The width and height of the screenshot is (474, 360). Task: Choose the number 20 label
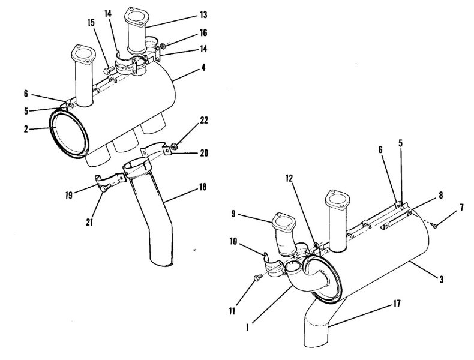tap(203, 154)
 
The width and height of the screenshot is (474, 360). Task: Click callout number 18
tap(203, 187)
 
